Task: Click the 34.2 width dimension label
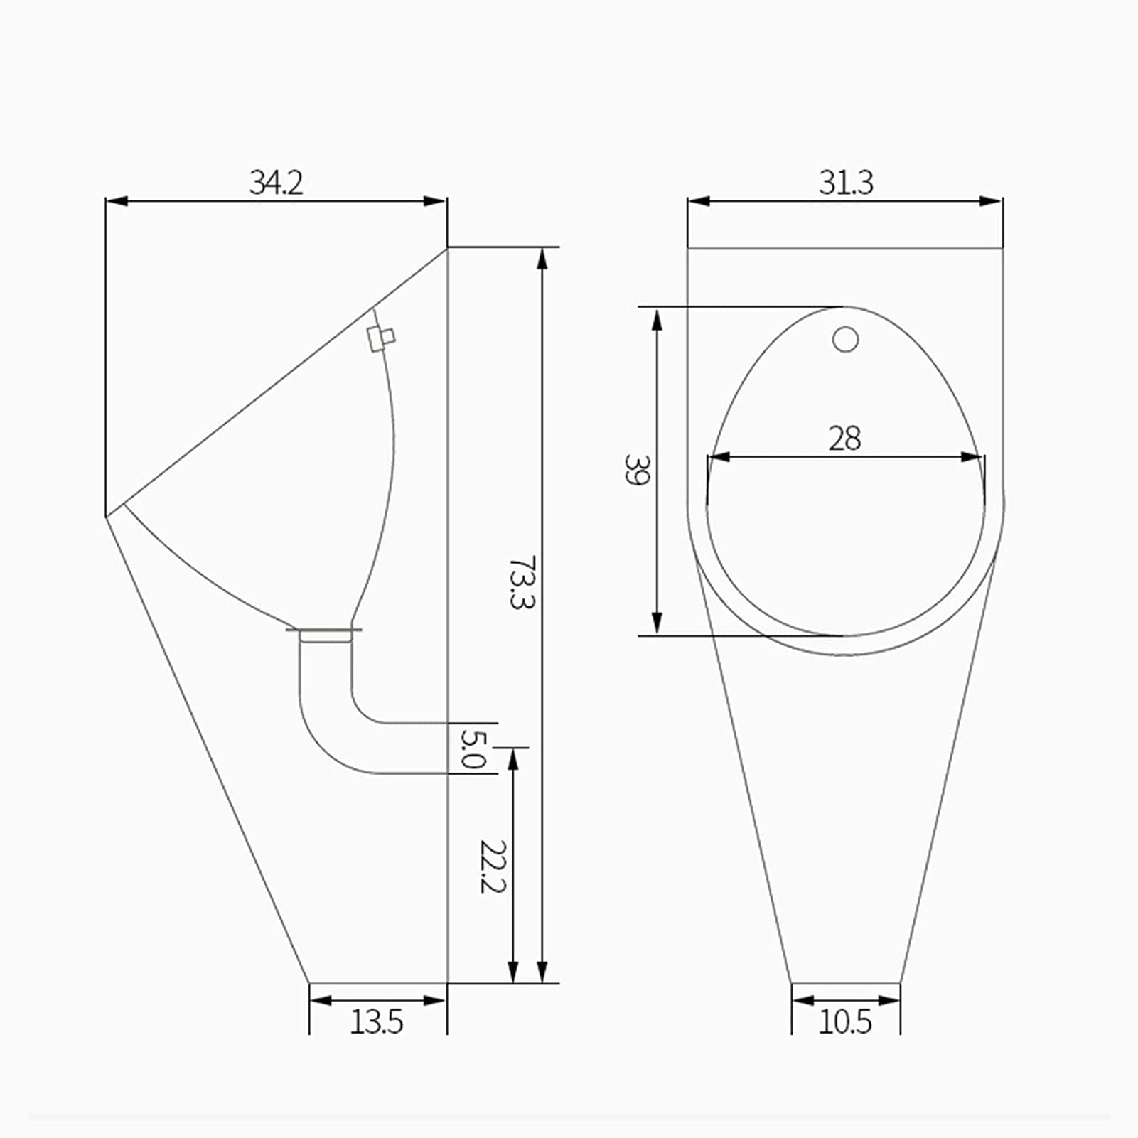pyautogui.click(x=276, y=183)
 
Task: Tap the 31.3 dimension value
pyautogui.click(x=845, y=183)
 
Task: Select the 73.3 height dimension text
pyautogui.click(x=521, y=582)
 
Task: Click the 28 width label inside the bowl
pyautogui.click(x=844, y=439)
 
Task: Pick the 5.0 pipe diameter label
pyautogui.click(x=473, y=748)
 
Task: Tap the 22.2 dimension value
pyautogui.click(x=492, y=866)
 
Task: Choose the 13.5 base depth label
pyautogui.click(x=377, y=1022)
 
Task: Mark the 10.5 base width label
pyautogui.click(x=844, y=1022)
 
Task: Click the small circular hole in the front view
pyautogui.click(x=845, y=340)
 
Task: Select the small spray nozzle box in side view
pyautogui.click(x=381, y=338)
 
